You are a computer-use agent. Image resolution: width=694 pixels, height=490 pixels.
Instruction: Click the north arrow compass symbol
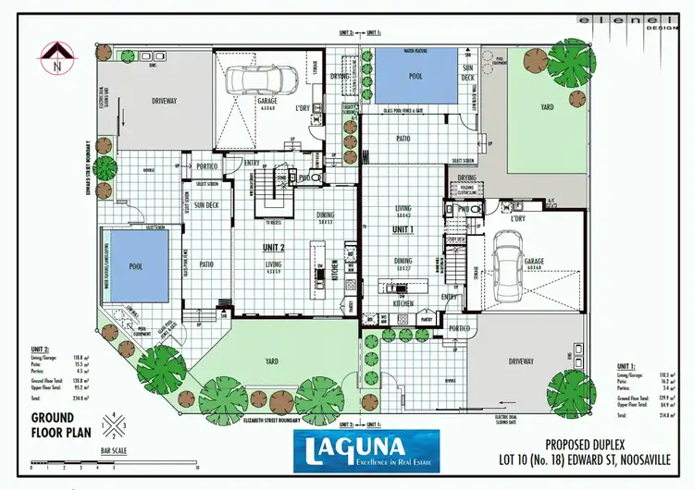pos(57,55)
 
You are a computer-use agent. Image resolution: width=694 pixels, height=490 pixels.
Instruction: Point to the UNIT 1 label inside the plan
pos(403,228)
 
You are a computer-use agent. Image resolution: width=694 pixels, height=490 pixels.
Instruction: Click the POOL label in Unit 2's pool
pos(136,266)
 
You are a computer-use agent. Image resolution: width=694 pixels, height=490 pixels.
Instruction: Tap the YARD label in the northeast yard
pos(547,107)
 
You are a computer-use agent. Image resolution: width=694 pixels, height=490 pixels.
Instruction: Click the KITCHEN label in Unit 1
pos(403,303)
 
